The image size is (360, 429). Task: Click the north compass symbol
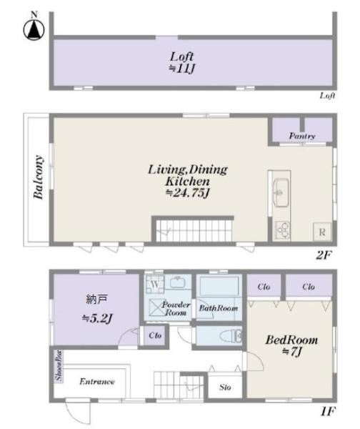tap(34, 28)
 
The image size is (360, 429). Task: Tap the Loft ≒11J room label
tap(181, 62)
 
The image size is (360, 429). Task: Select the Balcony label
tap(39, 177)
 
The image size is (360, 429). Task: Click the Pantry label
tap(302, 136)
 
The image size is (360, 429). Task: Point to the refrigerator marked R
tap(322, 232)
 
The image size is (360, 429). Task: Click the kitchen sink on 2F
tap(281, 192)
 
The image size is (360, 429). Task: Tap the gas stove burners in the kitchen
tap(282, 230)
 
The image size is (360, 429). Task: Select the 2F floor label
tap(324, 255)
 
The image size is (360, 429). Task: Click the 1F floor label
tap(328, 412)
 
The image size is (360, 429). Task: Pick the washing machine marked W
tap(155, 285)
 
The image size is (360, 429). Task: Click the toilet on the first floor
tap(231, 335)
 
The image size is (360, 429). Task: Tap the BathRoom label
tap(218, 308)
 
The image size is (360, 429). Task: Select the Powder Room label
tap(176, 308)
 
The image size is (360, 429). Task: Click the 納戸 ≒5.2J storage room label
tap(97, 309)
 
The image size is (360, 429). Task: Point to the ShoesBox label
tap(59, 366)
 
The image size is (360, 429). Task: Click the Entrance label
tap(96, 381)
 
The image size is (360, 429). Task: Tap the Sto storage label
tap(225, 387)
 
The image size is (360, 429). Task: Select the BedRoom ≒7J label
tap(291, 345)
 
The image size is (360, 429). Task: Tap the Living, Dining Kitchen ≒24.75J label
tap(188, 181)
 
